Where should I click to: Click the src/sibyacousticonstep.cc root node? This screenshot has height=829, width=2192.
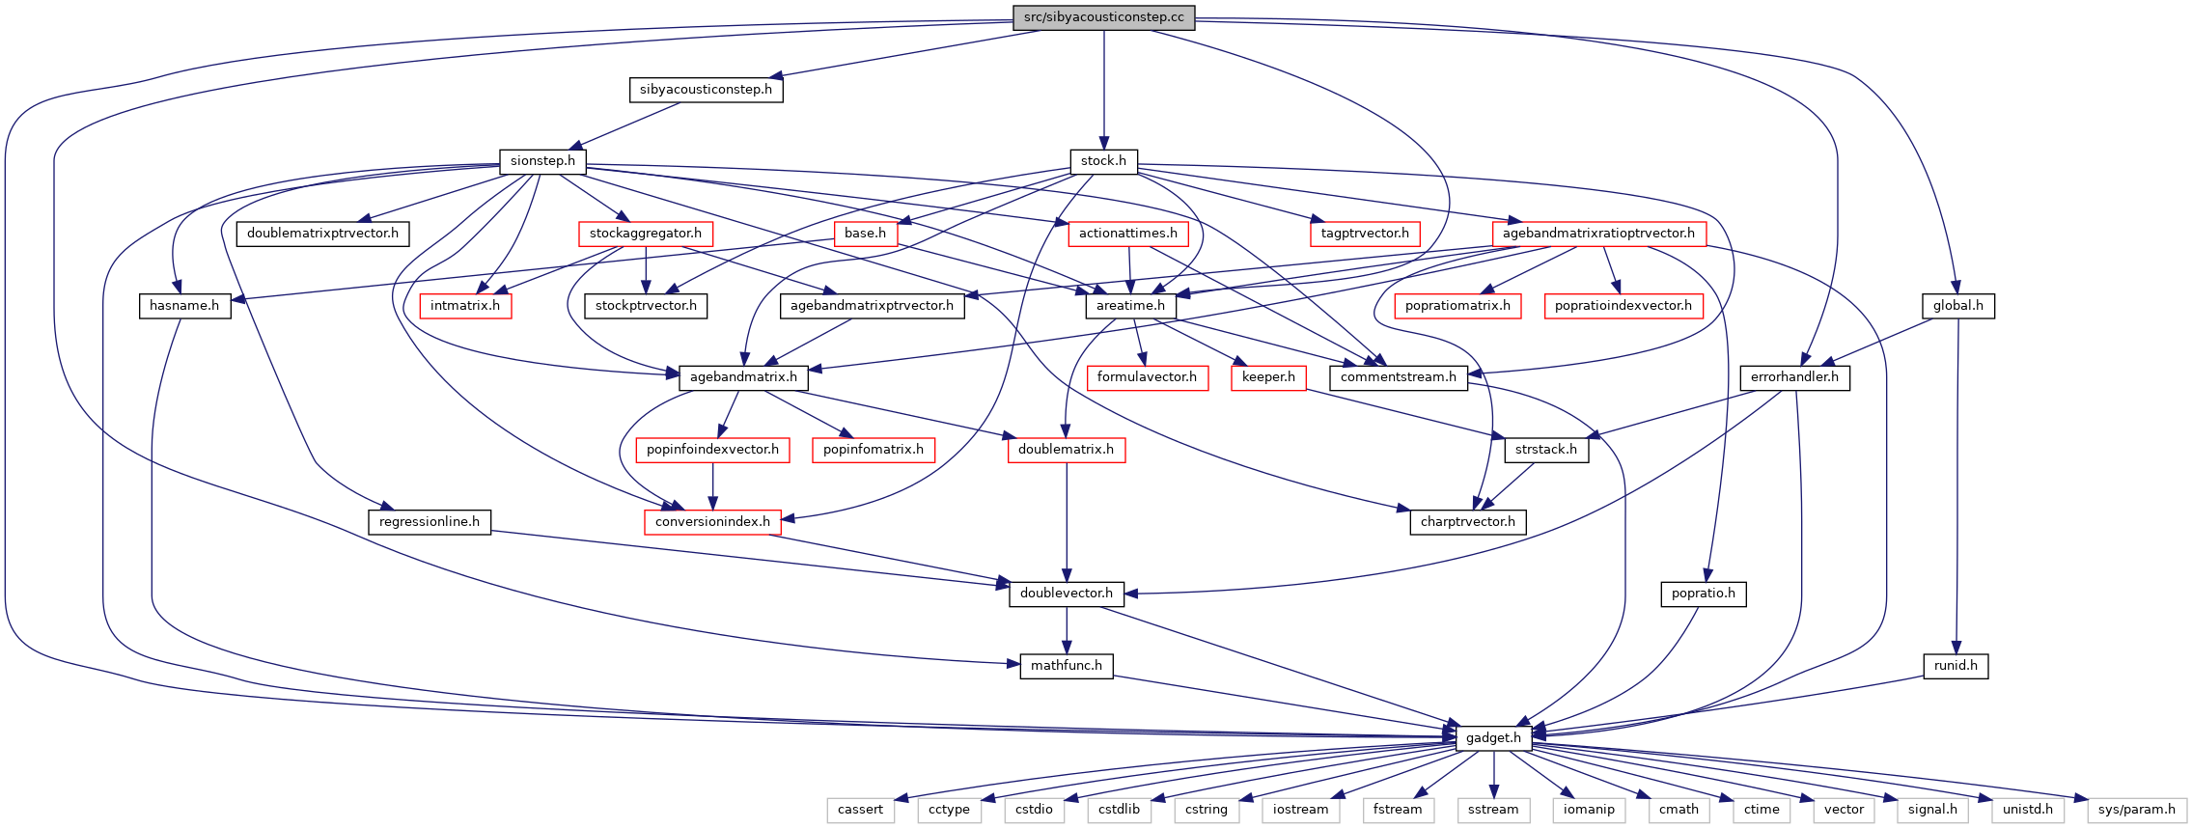[1104, 17]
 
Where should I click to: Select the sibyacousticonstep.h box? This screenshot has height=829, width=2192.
[706, 90]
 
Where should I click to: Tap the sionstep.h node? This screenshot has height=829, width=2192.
[542, 161]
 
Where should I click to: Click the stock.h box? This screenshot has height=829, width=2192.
[1103, 161]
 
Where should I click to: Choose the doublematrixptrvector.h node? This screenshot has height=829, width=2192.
[322, 234]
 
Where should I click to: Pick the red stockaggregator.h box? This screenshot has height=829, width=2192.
[646, 234]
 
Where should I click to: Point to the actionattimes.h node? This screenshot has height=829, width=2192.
[1128, 234]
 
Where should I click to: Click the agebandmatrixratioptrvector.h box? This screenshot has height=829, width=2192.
[1598, 234]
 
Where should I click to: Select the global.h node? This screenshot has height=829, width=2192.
[1958, 306]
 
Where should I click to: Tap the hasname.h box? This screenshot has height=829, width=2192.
[184, 306]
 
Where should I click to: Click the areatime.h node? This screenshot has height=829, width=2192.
[1130, 306]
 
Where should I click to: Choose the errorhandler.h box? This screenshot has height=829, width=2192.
[1795, 377]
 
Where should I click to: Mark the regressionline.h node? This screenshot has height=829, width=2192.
[430, 522]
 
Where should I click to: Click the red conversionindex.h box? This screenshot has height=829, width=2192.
[712, 522]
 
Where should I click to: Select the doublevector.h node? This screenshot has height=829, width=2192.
[1067, 594]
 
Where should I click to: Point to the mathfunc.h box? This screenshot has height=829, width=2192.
[1067, 666]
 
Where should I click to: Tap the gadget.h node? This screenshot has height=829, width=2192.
[1493, 738]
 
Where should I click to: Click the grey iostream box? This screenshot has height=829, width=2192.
[1300, 810]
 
